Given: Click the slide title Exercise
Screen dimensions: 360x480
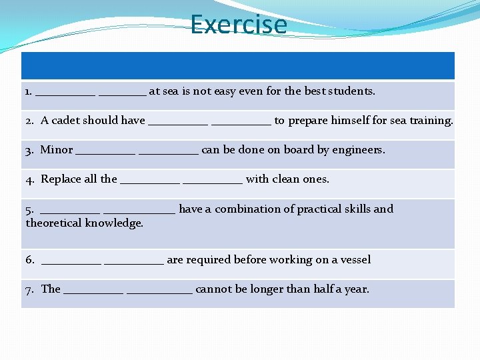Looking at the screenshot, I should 238,25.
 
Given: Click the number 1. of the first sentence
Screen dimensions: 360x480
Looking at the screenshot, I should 29,91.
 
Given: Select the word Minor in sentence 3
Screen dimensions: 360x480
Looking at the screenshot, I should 57,150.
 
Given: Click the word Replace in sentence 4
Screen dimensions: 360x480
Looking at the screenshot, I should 61,179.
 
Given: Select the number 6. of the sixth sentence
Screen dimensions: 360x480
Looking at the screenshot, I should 30,260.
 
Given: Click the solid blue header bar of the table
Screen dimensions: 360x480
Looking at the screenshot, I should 238,66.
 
